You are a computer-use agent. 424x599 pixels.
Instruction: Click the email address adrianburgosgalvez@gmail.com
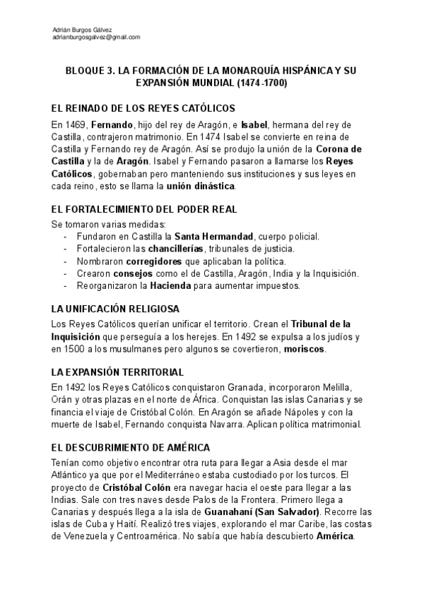click(96, 37)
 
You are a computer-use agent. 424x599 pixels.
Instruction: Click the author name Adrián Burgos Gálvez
click(83, 29)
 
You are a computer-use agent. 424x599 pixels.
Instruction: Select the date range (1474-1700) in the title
click(259, 83)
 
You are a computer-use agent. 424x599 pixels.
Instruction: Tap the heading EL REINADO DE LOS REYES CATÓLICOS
click(143, 108)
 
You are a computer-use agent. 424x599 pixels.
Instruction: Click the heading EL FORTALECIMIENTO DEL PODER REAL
click(145, 210)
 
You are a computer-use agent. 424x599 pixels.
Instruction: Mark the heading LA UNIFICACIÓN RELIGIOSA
click(115, 309)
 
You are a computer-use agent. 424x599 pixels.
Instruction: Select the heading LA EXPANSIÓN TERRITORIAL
click(117, 372)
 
